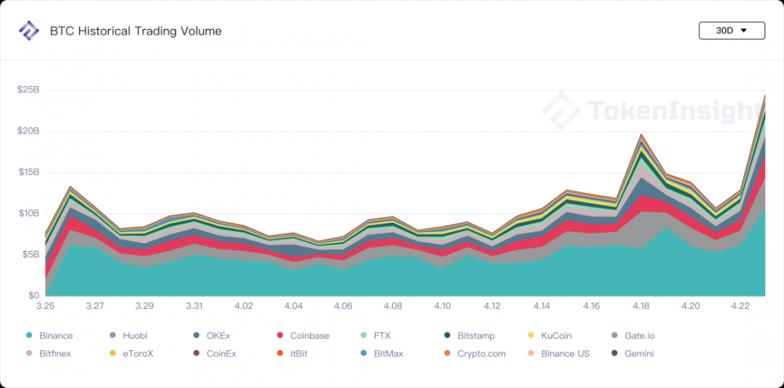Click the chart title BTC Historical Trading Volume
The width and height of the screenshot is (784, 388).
tap(136, 31)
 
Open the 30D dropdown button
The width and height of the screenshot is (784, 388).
tap(731, 31)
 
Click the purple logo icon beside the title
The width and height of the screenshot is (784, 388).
tap(29, 31)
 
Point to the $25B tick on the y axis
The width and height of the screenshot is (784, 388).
tap(28, 90)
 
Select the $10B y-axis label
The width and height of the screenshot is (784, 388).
tap(28, 213)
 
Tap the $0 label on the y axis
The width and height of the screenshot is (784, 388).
tap(34, 296)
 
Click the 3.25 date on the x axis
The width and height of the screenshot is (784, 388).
tap(45, 305)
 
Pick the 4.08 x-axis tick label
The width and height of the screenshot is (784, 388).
tap(393, 305)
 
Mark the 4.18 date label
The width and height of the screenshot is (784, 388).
tap(641, 305)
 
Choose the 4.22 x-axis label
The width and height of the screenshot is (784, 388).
tap(739, 305)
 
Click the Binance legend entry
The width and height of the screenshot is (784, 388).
tap(54, 336)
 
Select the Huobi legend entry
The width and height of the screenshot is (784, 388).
tap(134, 336)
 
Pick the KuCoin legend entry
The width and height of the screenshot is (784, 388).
tap(555, 336)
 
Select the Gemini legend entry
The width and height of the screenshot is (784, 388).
tap(639, 354)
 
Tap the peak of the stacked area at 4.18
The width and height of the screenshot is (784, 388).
tap(641, 135)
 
